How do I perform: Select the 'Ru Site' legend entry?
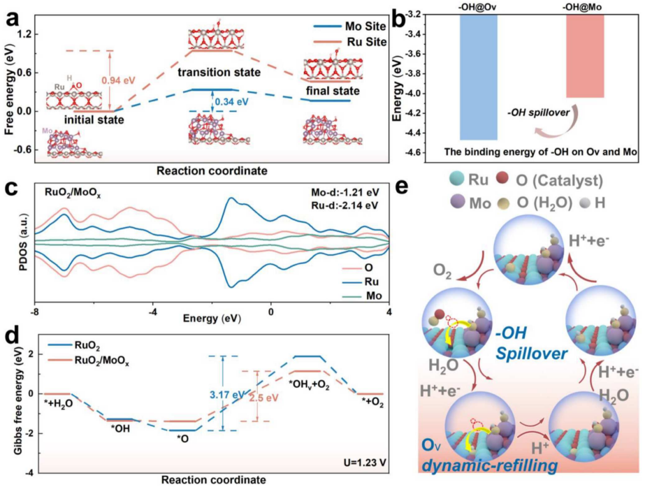pos(349,42)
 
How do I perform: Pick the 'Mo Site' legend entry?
pos(349,25)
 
